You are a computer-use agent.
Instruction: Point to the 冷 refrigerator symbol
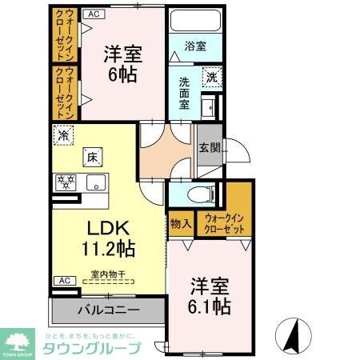tap(63, 136)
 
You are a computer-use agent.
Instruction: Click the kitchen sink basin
tap(95, 182)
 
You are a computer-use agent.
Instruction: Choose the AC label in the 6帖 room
tap(94, 14)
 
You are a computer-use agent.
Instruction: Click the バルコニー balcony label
tap(108, 310)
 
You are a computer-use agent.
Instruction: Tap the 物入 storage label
tap(180, 223)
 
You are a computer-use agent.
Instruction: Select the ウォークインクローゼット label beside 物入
tap(225, 223)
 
